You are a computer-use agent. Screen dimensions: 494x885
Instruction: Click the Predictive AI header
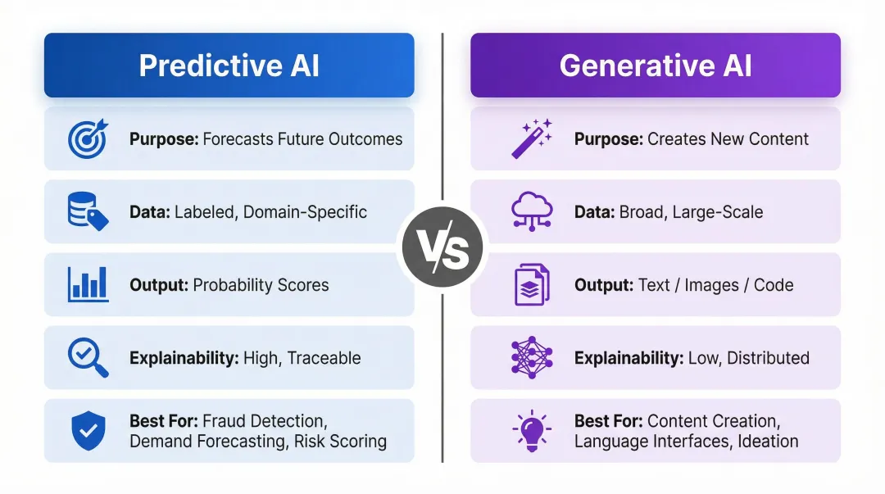pyautogui.click(x=229, y=66)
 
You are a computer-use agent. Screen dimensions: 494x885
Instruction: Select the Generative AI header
pyautogui.click(x=656, y=66)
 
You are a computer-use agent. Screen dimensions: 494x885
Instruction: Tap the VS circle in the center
pyautogui.click(x=442, y=248)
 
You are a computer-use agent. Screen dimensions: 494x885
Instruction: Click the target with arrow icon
pyautogui.click(x=88, y=138)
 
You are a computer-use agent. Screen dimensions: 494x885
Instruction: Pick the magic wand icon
pyautogui.click(x=532, y=138)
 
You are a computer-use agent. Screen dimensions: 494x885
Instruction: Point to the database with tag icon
pyautogui.click(x=88, y=211)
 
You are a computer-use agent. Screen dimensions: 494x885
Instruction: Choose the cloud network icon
pyautogui.click(x=532, y=211)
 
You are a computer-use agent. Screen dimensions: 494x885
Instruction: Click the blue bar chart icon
pyautogui.click(x=88, y=284)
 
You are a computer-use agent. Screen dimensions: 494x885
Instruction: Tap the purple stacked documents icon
pyautogui.click(x=532, y=284)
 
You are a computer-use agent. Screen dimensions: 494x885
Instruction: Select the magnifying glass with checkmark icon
pyautogui.click(x=88, y=358)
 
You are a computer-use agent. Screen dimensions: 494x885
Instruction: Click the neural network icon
pyautogui.click(x=532, y=358)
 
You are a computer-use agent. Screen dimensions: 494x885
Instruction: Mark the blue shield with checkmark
pyautogui.click(x=88, y=431)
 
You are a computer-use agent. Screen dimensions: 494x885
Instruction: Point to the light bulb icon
pyautogui.click(x=532, y=431)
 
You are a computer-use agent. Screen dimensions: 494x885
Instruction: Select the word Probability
pyautogui.click(x=234, y=285)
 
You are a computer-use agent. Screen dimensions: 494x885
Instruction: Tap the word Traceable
pyautogui.click(x=324, y=358)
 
